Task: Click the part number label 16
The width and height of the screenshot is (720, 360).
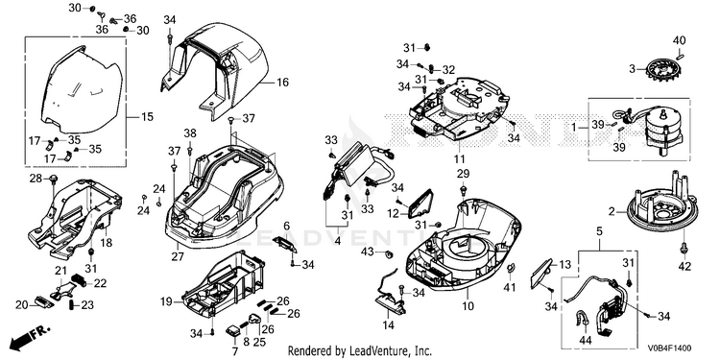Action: pyautogui.click(x=283, y=83)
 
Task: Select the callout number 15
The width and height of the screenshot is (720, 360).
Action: pyautogui.click(x=147, y=117)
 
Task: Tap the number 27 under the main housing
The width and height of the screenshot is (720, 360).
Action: pyautogui.click(x=178, y=256)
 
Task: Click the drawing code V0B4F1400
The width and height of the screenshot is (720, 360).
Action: pyautogui.click(x=669, y=348)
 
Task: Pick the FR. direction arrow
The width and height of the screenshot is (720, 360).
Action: pyautogui.click(x=30, y=337)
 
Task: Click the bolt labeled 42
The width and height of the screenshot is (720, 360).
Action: pyautogui.click(x=684, y=249)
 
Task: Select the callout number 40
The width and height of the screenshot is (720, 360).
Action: pyautogui.click(x=679, y=40)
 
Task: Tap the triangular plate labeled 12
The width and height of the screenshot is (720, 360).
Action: pyautogui.click(x=419, y=203)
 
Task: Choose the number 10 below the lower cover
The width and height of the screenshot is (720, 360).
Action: pyautogui.click(x=468, y=306)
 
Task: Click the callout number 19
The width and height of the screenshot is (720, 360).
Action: pyautogui.click(x=166, y=301)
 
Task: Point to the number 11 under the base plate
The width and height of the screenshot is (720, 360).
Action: pyautogui.click(x=460, y=158)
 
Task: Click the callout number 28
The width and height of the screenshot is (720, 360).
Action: pyautogui.click(x=36, y=179)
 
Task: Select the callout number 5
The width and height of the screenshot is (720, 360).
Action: pyautogui.click(x=599, y=231)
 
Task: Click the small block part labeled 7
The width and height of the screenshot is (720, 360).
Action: pyautogui.click(x=233, y=329)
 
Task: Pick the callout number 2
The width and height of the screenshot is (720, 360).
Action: pyautogui.click(x=612, y=212)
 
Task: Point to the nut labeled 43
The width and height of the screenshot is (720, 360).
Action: pyautogui.click(x=390, y=253)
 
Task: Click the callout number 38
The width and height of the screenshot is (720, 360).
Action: pyautogui.click(x=190, y=133)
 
